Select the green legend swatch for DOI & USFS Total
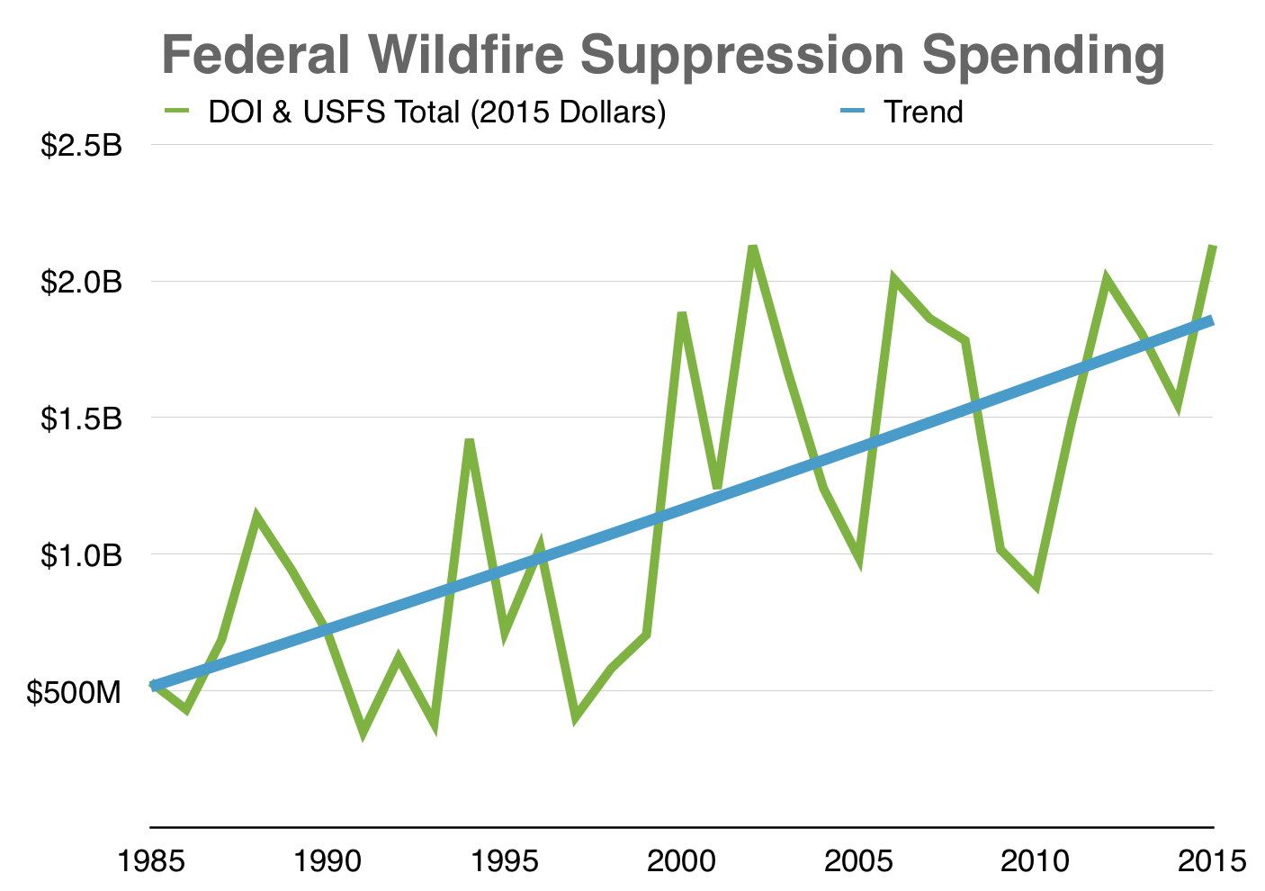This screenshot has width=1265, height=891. (177, 112)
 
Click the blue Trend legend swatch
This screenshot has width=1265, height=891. (852, 112)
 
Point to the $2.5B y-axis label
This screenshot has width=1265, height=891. (80, 145)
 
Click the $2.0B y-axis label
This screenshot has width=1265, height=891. (80, 282)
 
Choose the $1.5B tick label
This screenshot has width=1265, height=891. (80, 418)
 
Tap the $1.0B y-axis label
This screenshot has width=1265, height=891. (80, 555)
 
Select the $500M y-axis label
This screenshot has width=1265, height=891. (73, 692)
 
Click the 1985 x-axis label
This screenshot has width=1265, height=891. (153, 861)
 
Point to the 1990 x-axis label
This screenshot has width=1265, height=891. (328, 861)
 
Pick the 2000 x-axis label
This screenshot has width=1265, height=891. (683, 861)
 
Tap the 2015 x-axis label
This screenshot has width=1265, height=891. (1213, 861)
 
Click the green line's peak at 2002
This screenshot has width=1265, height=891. (753, 247)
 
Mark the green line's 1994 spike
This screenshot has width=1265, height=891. (469, 440)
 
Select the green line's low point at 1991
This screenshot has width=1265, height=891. (363, 733)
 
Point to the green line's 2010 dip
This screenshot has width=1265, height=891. (1036, 587)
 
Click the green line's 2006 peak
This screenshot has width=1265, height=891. (894, 279)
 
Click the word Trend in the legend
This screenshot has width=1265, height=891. (923, 112)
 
